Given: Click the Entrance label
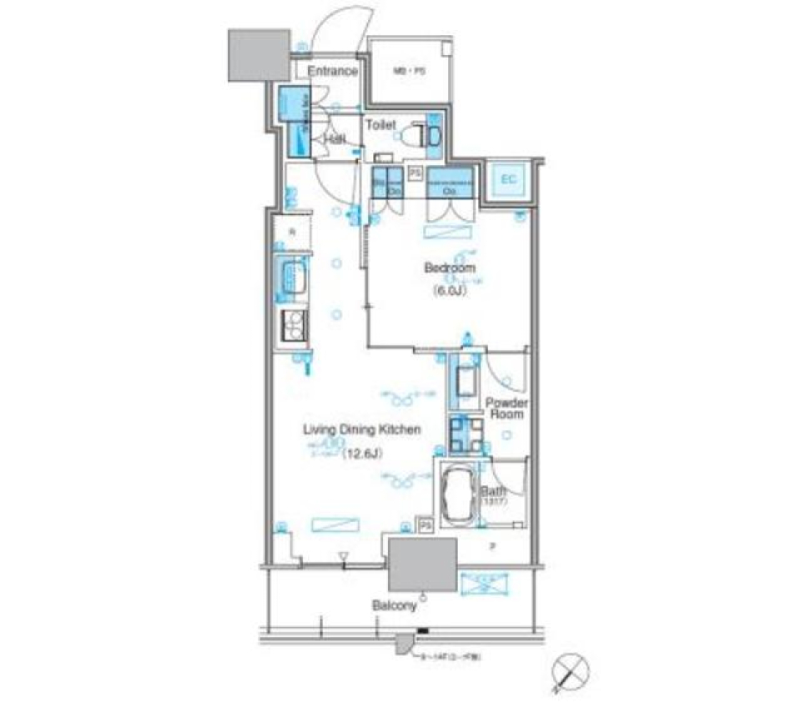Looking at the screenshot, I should (332, 72).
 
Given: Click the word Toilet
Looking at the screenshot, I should (380, 124).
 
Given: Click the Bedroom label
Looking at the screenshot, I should (450, 268).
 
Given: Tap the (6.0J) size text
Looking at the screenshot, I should (449, 290).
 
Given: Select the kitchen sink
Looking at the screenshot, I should (292, 278).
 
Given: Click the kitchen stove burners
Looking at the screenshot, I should (292, 325).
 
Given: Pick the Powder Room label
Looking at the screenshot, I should (505, 408).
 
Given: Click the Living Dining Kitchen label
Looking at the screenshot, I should (360, 429).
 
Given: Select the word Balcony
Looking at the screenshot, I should (394, 606).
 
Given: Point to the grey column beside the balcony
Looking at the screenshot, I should (422, 564).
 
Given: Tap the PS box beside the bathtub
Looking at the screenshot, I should (424, 524).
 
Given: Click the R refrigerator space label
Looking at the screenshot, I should (291, 232).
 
